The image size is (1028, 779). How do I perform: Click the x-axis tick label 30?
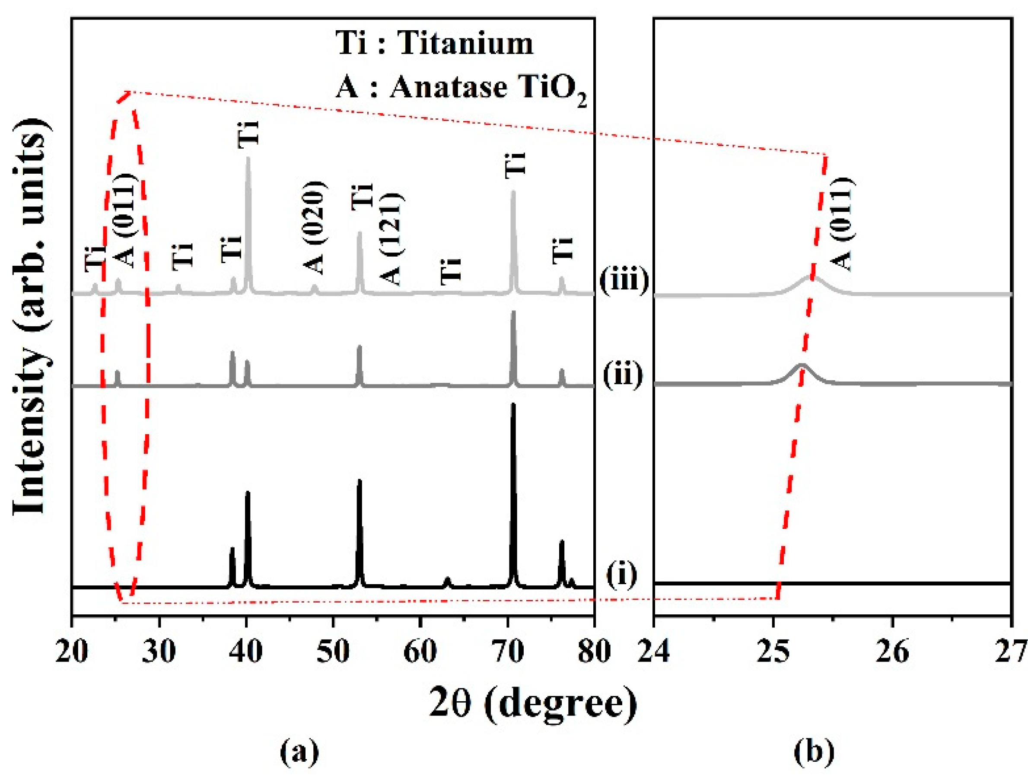tap(160, 652)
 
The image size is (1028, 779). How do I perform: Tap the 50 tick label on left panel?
tap(333, 652)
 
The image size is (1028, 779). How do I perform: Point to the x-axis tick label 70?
tap(507, 652)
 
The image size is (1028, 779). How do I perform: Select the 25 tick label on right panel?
tap(773, 652)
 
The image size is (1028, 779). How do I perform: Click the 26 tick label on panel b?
tap(892, 652)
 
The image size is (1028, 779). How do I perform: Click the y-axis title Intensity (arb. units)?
tap(30, 316)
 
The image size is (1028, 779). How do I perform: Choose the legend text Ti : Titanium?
tap(435, 44)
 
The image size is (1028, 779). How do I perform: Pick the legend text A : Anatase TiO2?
tap(460, 88)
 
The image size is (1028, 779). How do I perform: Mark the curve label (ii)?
tap(623, 374)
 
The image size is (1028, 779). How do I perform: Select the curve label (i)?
tap(622, 575)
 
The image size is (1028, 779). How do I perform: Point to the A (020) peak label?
tap(315, 227)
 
